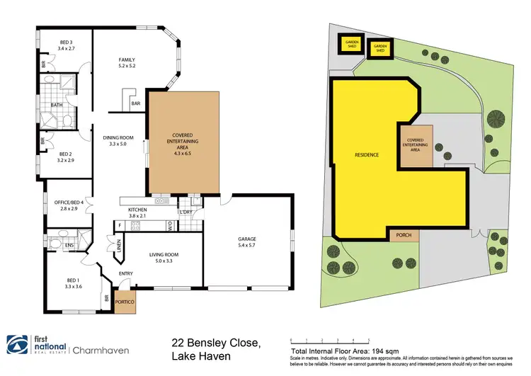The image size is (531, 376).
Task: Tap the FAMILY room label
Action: click(127, 59)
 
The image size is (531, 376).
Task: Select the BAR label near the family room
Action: click(136, 104)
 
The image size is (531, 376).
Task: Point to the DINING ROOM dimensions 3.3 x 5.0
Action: click(114, 144)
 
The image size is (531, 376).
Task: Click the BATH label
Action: click(57, 106)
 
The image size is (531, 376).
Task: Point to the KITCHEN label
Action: click(137, 210)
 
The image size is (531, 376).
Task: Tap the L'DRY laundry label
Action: click(187, 212)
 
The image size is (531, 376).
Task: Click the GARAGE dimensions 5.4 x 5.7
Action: click(247, 246)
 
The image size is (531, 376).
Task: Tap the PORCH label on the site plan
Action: click(404, 235)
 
